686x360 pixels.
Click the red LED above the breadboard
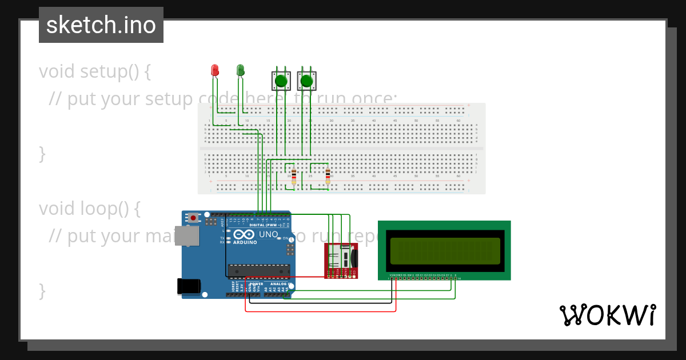(x=215, y=70)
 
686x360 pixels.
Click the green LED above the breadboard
(x=240, y=70)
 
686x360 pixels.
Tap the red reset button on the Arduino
(x=194, y=218)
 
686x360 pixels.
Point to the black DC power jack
(x=188, y=286)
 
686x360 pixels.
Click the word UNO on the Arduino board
(x=269, y=234)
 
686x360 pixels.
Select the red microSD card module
(x=341, y=261)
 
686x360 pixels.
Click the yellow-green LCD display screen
(x=445, y=251)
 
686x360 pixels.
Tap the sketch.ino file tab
(x=101, y=25)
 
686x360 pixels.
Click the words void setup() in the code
(x=95, y=71)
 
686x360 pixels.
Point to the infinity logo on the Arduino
(x=244, y=234)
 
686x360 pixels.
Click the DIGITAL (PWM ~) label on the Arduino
(x=264, y=225)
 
